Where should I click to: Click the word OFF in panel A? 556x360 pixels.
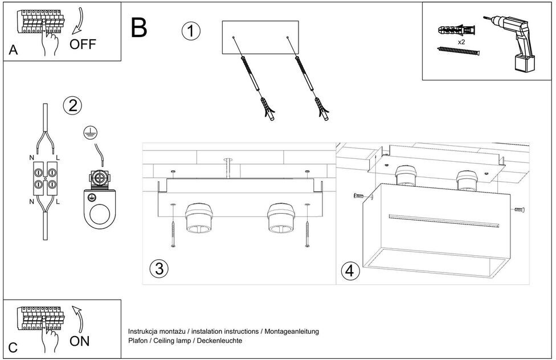point(83,44)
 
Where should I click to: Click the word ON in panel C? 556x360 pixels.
point(80,341)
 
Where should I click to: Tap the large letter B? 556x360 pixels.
point(139,28)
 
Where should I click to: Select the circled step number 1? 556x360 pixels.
point(191,31)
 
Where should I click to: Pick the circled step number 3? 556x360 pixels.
point(159,269)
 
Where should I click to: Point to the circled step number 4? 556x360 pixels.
point(351,271)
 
